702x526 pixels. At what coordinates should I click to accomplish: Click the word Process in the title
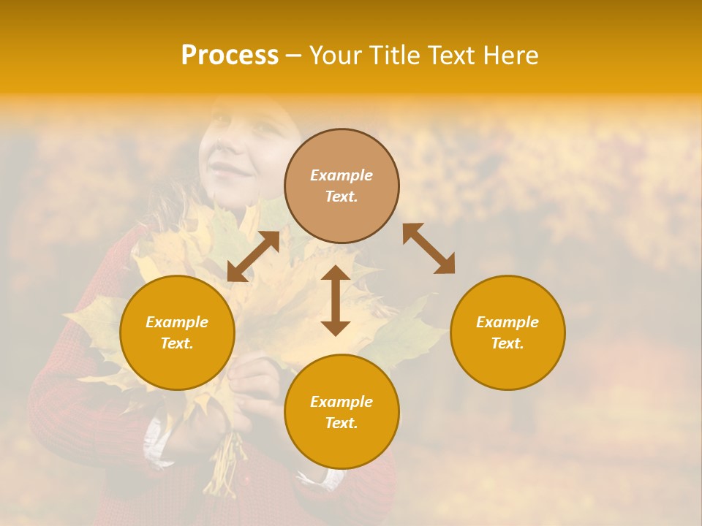click(230, 56)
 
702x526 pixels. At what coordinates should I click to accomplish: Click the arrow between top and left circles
click(253, 256)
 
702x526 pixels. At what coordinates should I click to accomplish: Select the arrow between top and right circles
click(429, 248)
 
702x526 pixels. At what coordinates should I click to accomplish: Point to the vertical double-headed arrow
click(336, 300)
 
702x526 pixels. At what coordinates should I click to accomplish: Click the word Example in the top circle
click(341, 175)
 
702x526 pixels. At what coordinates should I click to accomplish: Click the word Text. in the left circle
click(177, 343)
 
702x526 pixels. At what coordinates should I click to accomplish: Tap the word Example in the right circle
click(507, 322)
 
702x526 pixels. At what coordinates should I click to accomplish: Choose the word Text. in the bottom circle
click(341, 423)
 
